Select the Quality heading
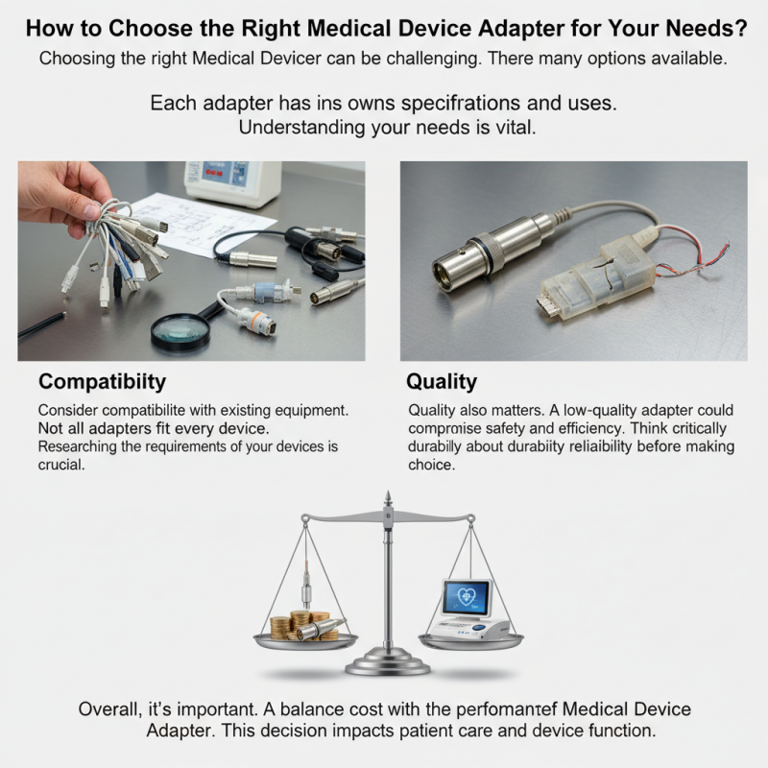[x=442, y=381]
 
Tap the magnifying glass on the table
[x=180, y=329]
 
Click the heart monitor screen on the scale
[x=466, y=597]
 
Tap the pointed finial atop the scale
[x=387, y=500]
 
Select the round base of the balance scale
[x=387, y=662]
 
